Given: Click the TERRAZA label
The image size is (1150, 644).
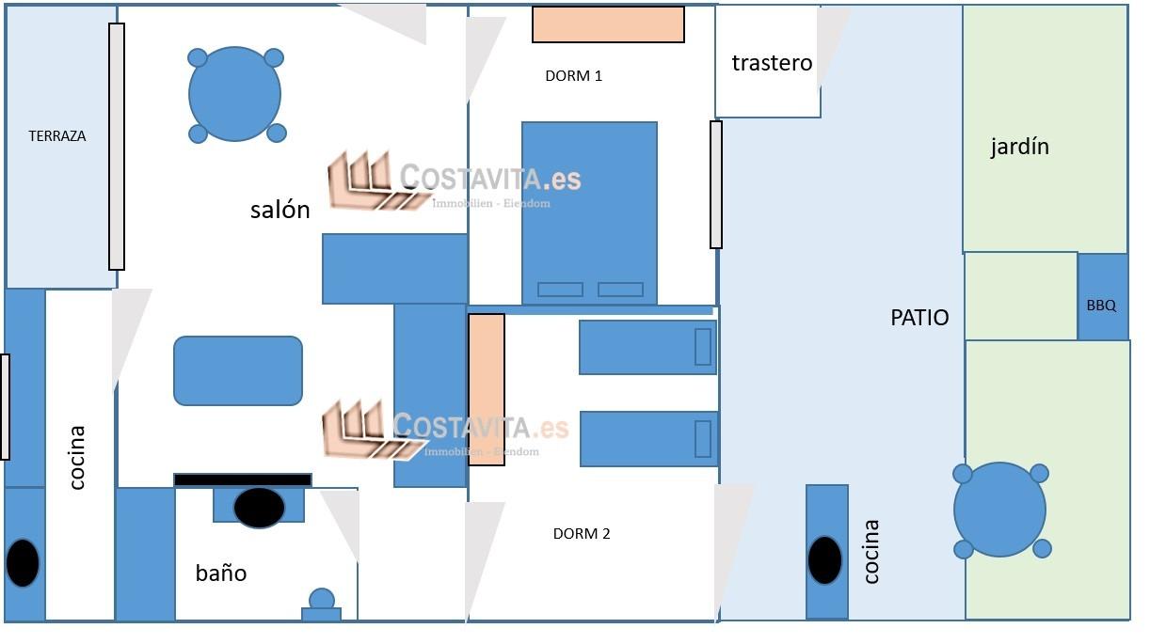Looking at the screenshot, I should [x=57, y=135].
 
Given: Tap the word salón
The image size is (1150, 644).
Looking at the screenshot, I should [x=280, y=210].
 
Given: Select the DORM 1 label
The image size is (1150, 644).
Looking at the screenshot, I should [x=573, y=76].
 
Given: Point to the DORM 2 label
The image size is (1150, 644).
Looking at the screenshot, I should [x=582, y=534].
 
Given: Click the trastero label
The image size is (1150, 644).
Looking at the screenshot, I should [x=772, y=63].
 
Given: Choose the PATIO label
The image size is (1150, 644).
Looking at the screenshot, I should [x=919, y=318].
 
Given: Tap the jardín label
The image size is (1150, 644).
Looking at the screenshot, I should [x=1019, y=147].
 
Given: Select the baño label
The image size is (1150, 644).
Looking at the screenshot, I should [x=221, y=573].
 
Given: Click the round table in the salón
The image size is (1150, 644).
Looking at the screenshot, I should [x=234, y=94].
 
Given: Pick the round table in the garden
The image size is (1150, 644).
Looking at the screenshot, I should [x=999, y=510].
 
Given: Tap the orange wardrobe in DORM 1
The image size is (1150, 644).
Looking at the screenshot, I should [x=608, y=24].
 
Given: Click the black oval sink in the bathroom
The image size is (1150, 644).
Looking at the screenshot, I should [x=259, y=508].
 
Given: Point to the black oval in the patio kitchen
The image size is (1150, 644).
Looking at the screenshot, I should [x=825, y=560].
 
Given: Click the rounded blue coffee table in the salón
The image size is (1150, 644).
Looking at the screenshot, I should [x=238, y=370].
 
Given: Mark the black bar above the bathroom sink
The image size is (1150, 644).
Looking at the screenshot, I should [x=243, y=479].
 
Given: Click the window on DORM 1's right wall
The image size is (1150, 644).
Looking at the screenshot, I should [x=716, y=184].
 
